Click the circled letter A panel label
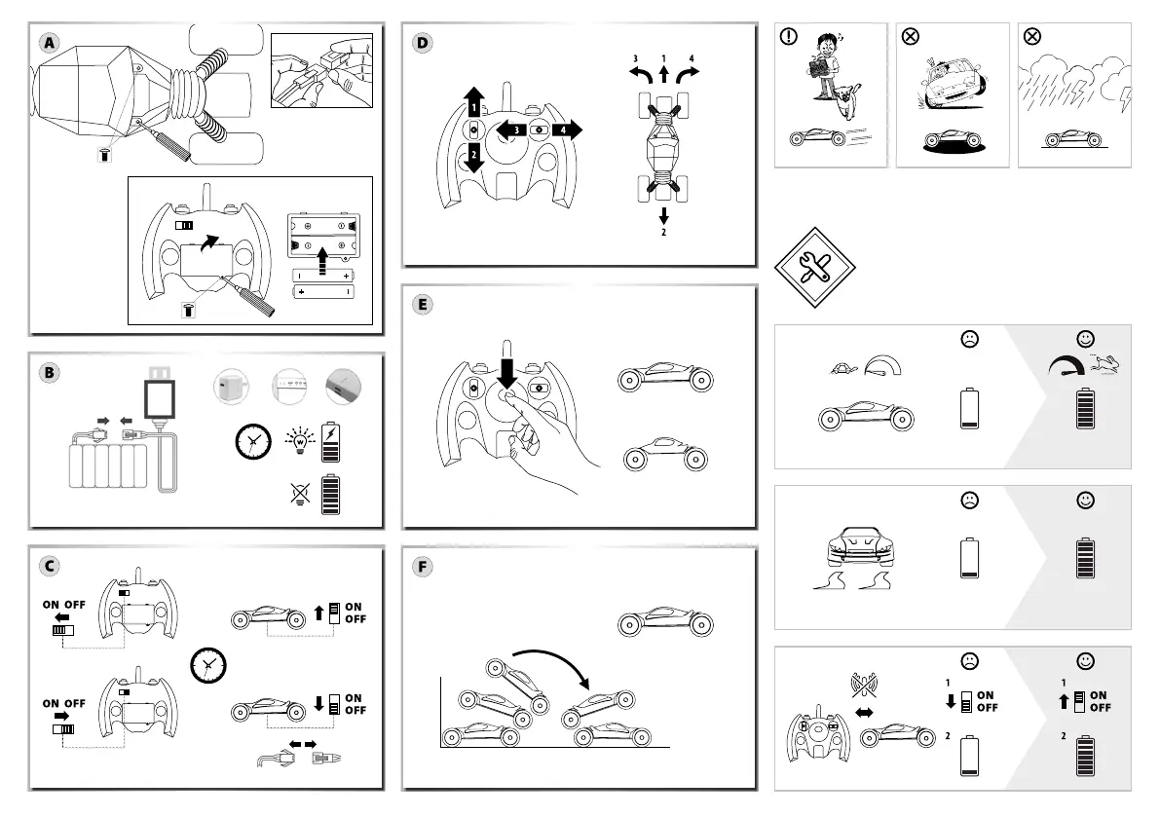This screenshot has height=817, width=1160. [50, 43]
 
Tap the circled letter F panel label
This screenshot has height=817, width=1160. [423, 567]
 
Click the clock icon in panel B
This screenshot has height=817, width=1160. [253, 442]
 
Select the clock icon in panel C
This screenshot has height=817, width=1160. [208, 665]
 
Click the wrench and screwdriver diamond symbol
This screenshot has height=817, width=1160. [814, 267]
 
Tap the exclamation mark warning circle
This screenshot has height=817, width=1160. [789, 36]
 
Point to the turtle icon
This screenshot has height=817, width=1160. [843, 367]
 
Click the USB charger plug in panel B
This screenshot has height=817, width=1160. [161, 394]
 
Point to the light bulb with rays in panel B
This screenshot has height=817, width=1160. [300, 441]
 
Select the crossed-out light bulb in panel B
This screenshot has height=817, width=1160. [300, 494]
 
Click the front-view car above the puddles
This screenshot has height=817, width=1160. [859, 547]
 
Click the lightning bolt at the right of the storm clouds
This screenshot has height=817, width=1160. [1125, 99]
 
